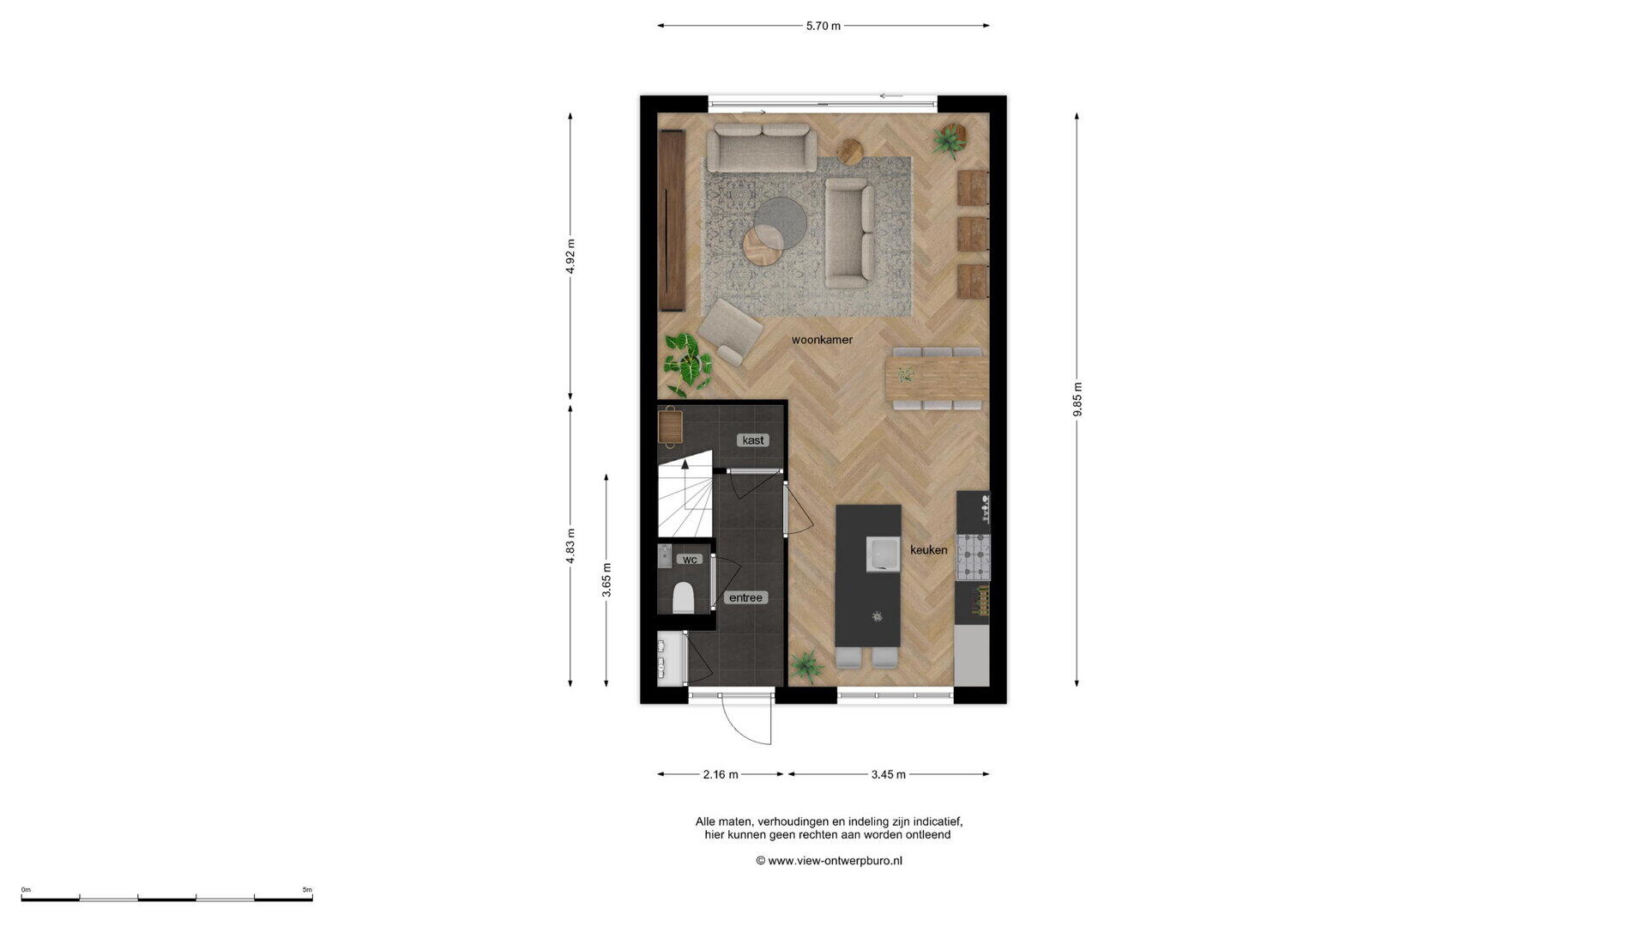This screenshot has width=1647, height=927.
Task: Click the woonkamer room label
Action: (822, 340)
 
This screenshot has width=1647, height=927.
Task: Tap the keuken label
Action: (929, 550)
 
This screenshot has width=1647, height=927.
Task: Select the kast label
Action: (753, 440)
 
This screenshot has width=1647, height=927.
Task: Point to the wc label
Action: (690, 560)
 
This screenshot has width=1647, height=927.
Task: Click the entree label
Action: (745, 597)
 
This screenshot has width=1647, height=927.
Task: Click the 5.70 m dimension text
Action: (823, 26)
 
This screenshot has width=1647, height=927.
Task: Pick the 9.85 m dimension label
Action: (1077, 400)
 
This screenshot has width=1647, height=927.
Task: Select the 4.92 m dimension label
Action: (570, 256)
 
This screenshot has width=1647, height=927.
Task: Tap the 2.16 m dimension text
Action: (721, 774)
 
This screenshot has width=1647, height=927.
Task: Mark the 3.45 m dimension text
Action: (889, 774)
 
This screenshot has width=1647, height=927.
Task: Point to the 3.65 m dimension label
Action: (606, 579)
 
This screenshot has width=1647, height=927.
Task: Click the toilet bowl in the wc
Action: (684, 597)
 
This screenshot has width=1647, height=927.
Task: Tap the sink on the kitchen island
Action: (882, 554)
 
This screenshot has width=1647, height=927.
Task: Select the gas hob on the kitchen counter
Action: (973, 556)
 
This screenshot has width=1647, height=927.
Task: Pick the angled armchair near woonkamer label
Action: (729, 332)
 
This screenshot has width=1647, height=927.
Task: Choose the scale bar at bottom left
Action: (167, 898)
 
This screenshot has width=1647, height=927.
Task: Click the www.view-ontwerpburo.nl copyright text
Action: (829, 860)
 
